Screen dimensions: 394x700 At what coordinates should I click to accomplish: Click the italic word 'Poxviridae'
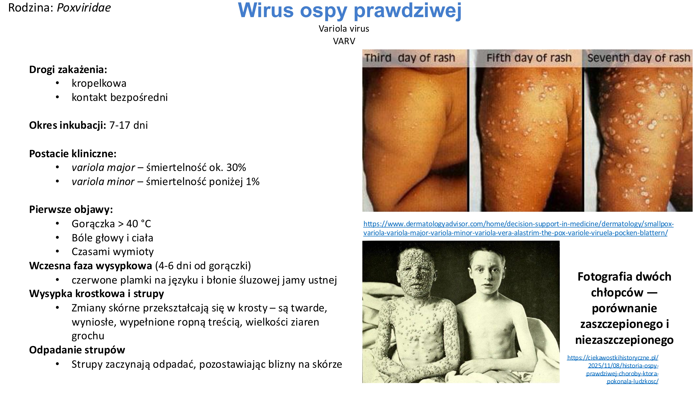pyautogui.click(x=84, y=8)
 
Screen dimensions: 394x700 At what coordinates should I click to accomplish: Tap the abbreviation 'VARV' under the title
pyautogui.click(x=344, y=41)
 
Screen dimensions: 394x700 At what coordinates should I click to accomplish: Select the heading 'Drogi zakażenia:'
pyautogui.click(x=68, y=70)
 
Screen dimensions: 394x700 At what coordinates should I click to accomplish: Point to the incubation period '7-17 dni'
pyautogui.click(x=129, y=125)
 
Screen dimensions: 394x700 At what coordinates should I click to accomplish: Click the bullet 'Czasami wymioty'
pyautogui.click(x=113, y=252)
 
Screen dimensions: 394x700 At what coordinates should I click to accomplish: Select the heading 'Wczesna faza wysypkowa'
pyautogui.click(x=91, y=266)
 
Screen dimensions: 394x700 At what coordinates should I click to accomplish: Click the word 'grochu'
pyautogui.click(x=88, y=336)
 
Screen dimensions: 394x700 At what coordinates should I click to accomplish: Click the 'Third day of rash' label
pyautogui.click(x=410, y=58)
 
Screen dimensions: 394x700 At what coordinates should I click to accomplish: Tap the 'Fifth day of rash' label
pyautogui.click(x=529, y=58)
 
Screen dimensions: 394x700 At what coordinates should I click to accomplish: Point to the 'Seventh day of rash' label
pyautogui.click(x=639, y=58)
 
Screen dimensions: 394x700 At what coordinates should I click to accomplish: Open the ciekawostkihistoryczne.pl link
pyautogui.click(x=622, y=369)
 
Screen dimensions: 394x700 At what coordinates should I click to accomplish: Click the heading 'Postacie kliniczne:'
pyautogui.click(x=73, y=154)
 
